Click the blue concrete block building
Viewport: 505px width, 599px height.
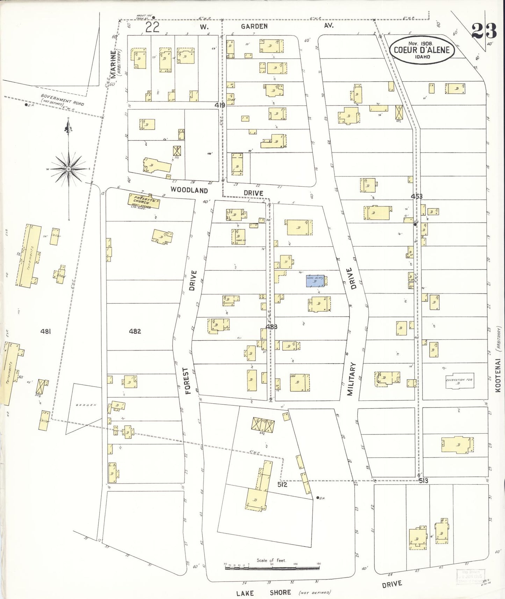click(x=315, y=281)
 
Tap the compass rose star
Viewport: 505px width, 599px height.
click(x=69, y=169)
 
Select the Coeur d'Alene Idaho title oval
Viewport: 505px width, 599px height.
click(x=422, y=50)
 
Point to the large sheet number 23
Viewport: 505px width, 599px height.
click(x=484, y=31)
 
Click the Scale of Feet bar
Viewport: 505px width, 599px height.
click(x=272, y=568)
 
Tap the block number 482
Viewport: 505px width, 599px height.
click(x=135, y=331)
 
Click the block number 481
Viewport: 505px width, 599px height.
click(x=45, y=331)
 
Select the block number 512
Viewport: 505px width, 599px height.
click(x=282, y=485)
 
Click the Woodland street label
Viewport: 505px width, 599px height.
click(x=189, y=190)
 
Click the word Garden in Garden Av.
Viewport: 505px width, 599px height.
click(x=254, y=26)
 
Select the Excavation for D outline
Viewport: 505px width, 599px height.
click(x=460, y=381)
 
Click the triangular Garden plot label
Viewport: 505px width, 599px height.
click(x=86, y=405)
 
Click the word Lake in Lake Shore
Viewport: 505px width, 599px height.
click(x=245, y=593)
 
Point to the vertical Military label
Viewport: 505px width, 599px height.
click(x=351, y=379)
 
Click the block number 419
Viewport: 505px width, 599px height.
click(x=220, y=105)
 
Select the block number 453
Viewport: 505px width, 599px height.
click(x=417, y=196)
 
